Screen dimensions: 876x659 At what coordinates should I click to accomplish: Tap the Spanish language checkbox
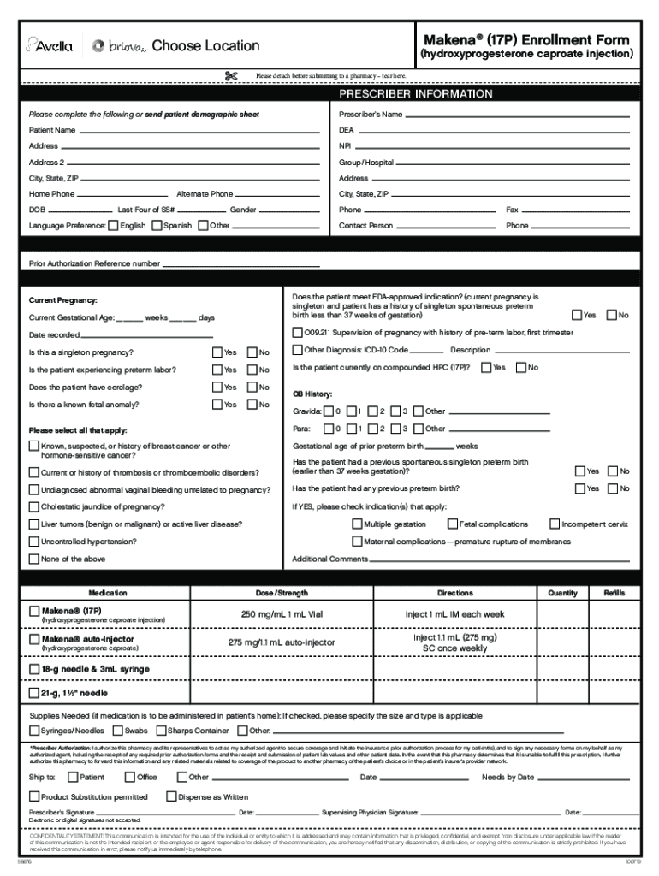(156, 226)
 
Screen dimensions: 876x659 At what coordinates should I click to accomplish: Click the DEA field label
(347, 130)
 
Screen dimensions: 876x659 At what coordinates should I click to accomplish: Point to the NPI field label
(346, 146)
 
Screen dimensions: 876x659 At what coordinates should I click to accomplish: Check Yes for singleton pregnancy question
(217, 352)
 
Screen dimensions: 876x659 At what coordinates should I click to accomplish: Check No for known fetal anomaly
(252, 405)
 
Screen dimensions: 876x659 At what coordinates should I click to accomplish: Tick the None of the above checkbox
(34, 559)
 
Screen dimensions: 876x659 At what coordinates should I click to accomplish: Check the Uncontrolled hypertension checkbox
(34, 542)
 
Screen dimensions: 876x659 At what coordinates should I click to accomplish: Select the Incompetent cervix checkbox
(554, 524)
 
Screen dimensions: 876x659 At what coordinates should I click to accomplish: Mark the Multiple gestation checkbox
(357, 524)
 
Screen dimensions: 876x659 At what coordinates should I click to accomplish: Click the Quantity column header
(563, 593)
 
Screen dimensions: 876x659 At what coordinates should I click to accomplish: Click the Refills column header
(614, 593)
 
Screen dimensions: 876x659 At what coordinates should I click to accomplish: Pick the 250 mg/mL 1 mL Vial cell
(281, 614)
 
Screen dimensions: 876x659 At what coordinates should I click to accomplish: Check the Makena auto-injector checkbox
(34, 639)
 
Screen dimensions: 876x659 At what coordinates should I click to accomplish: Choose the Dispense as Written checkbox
(171, 797)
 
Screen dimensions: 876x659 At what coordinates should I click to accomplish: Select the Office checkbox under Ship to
(129, 778)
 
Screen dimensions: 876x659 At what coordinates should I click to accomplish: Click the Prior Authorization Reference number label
(94, 263)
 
